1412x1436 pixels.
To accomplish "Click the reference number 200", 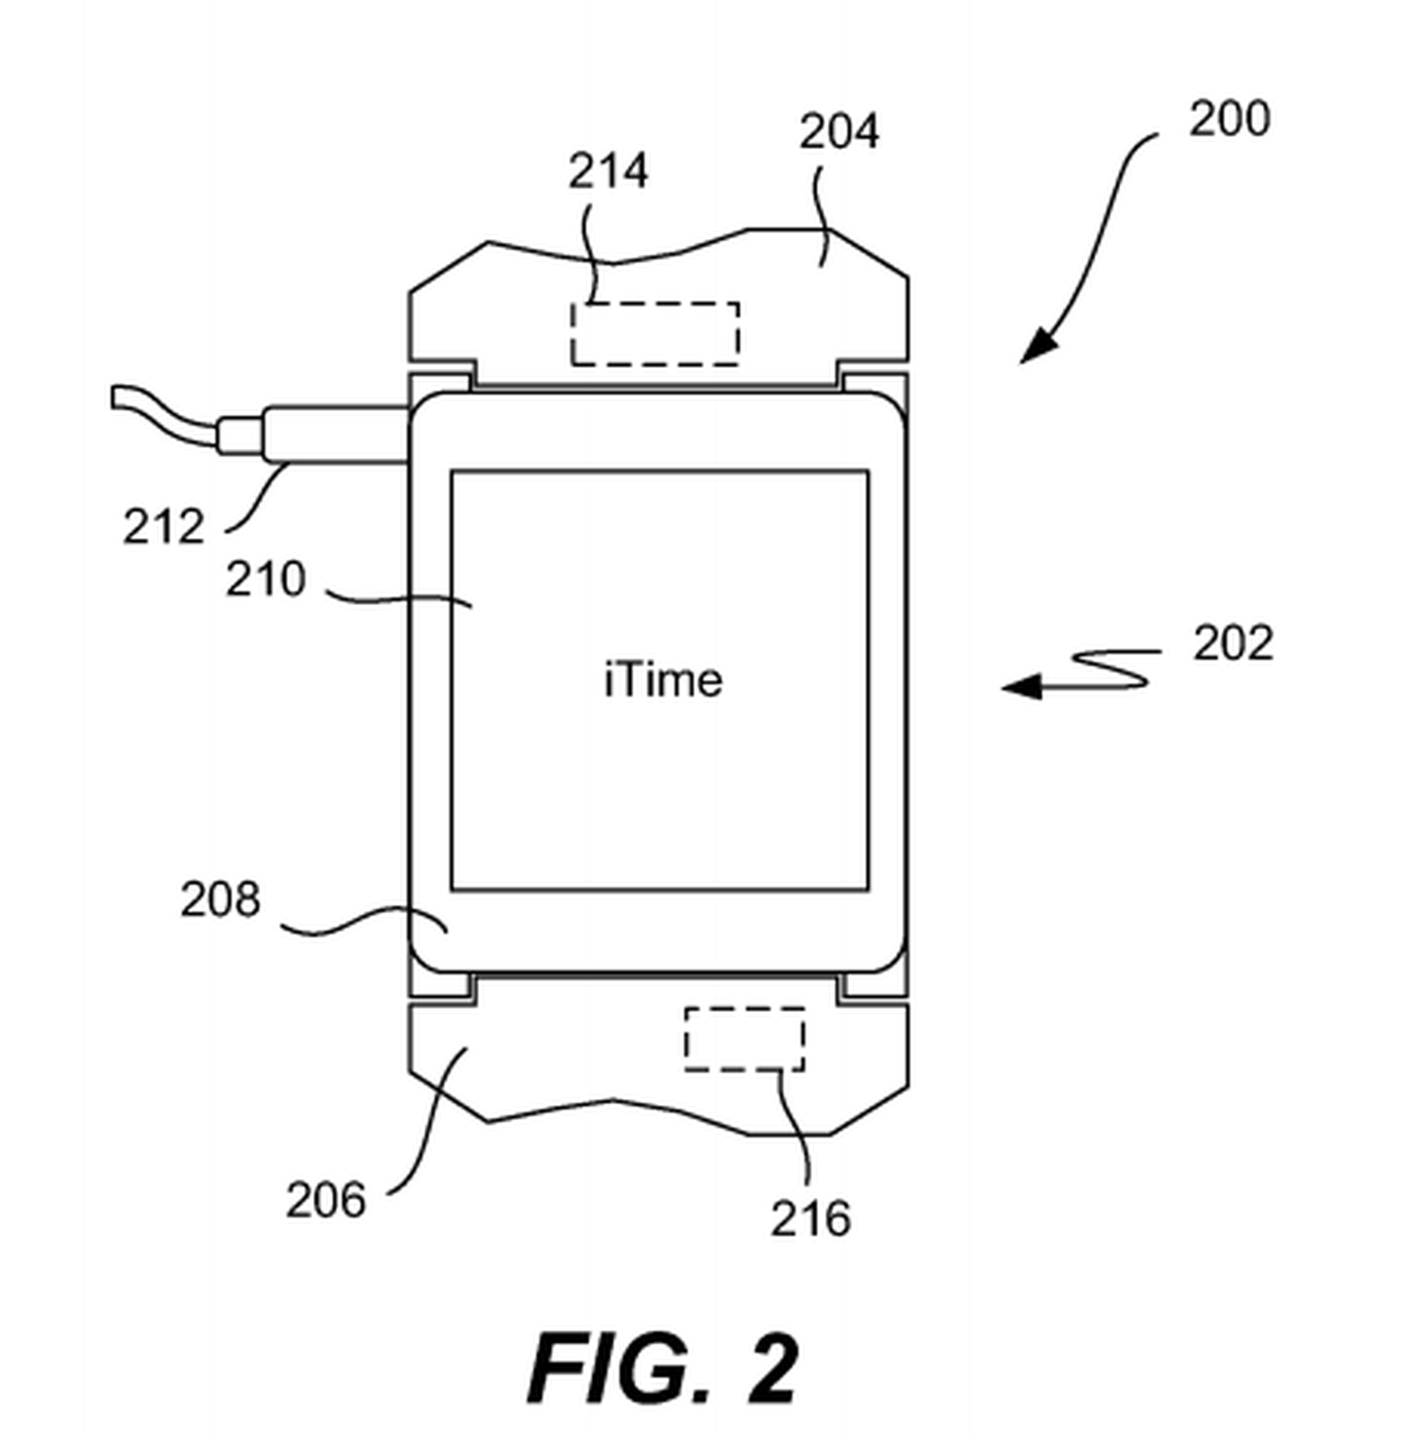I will coord(1228,118).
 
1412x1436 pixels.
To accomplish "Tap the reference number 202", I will coord(1233,643).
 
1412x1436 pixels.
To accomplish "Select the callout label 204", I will coord(838,131).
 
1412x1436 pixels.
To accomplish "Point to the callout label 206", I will coord(325,1200).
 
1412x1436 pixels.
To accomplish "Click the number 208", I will coord(220,899).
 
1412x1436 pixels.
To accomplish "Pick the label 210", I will coord(265,579).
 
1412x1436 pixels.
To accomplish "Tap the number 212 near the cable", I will coord(163,527).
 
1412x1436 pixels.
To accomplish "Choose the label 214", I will coord(607,170).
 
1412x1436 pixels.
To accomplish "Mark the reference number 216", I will coord(810,1218).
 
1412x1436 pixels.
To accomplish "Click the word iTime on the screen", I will coord(663,680).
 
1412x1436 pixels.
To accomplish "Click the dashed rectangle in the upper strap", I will coord(655,333).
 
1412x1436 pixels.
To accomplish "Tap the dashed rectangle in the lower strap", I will coord(744,1039).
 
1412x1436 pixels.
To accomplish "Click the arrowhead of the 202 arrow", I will coord(1020,685).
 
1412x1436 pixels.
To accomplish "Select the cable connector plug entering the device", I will coord(335,433).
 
